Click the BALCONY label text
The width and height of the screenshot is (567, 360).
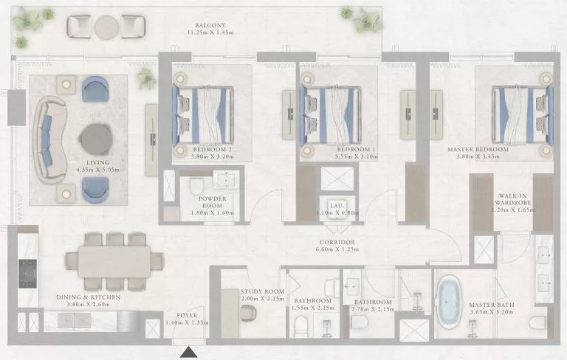(x=209, y=24)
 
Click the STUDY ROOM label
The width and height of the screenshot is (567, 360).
(x=258, y=291)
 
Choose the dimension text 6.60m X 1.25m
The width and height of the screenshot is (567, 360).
(x=338, y=250)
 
